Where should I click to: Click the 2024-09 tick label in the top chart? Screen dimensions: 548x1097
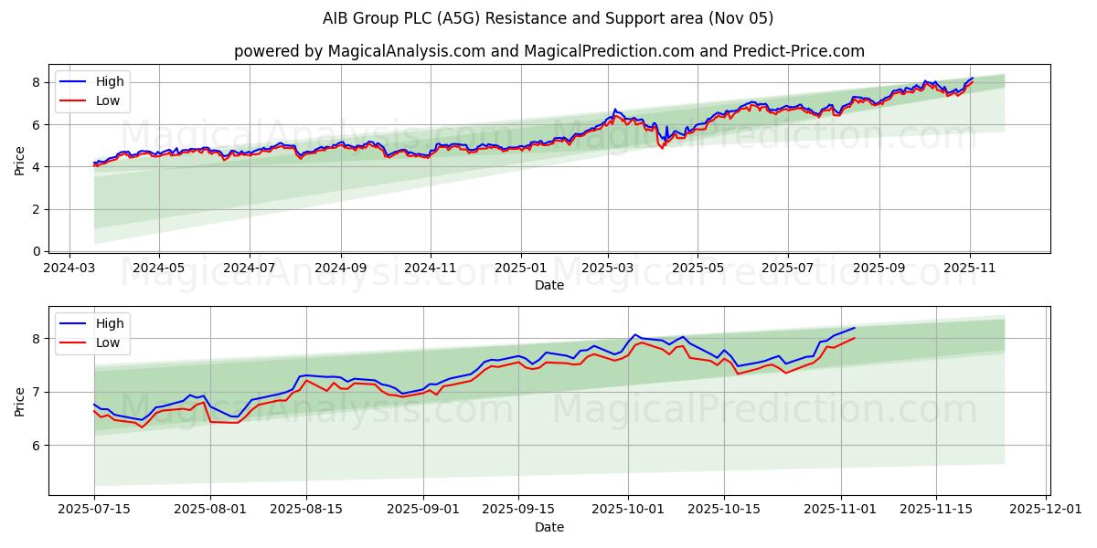[x=341, y=269]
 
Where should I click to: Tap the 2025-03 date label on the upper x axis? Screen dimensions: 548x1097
[x=608, y=269]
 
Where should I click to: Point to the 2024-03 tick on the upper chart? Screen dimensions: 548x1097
[x=70, y=269]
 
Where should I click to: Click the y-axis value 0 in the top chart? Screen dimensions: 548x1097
[x=37, y=251]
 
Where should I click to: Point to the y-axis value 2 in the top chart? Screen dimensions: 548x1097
[x=37, y=209]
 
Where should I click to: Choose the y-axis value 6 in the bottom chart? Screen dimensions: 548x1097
[x=37, y=446]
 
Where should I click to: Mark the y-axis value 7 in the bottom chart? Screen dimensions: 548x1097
[x=37, y=392]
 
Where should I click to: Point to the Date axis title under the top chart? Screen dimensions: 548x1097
[x=548, y=285]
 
